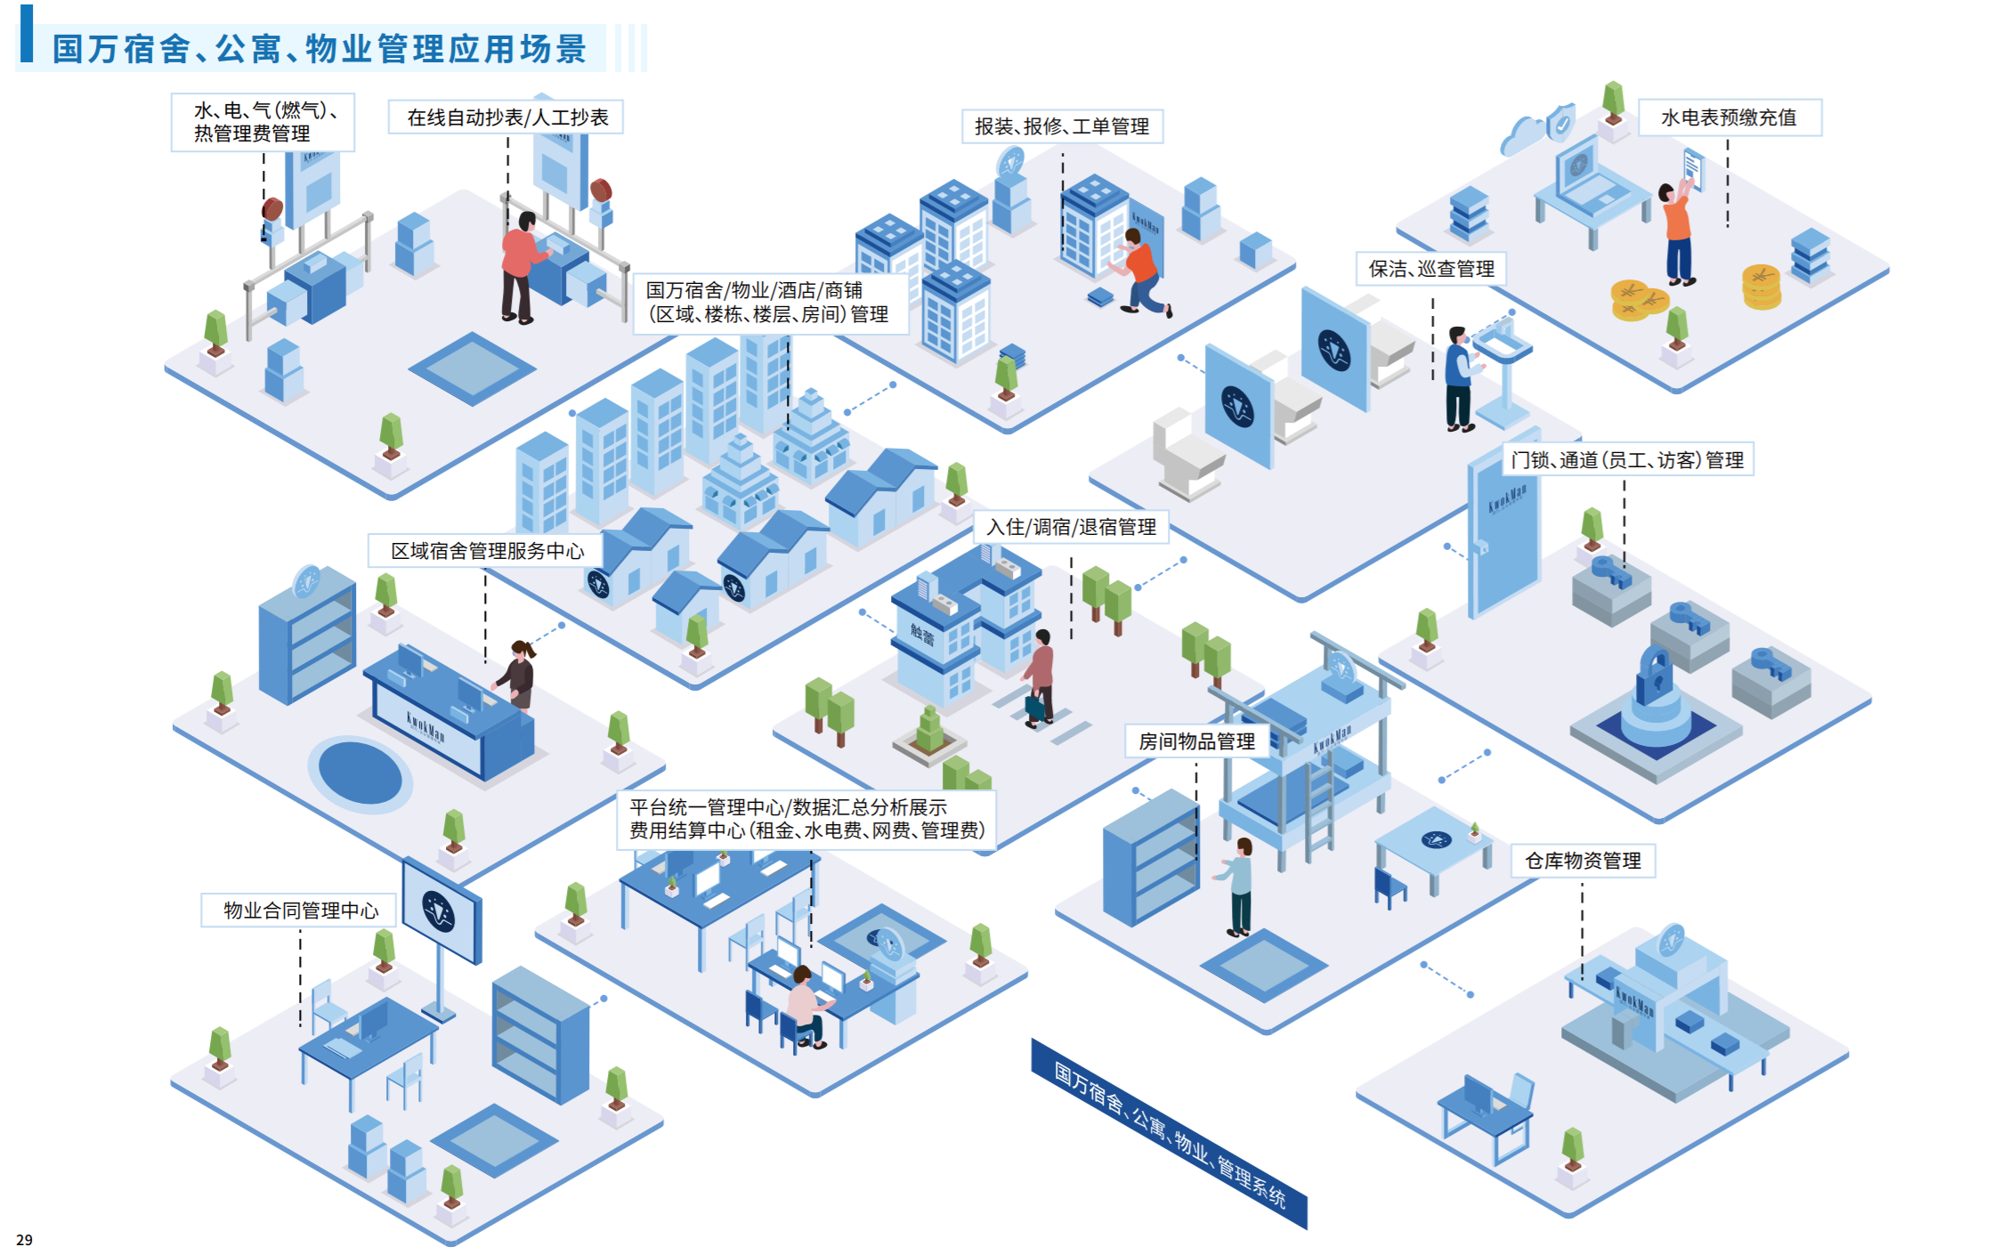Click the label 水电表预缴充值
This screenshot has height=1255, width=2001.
pos(1729,117)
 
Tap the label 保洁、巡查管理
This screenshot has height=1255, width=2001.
pos(1430,269)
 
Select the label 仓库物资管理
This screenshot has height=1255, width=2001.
pos(1583,861)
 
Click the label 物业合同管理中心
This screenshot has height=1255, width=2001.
pos(300,911)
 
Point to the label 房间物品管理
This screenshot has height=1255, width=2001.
pos(1196,741)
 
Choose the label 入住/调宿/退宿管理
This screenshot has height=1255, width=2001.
pos(1071,527)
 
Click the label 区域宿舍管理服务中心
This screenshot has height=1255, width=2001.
pos(486,551)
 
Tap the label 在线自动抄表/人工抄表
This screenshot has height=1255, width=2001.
pos(506,117)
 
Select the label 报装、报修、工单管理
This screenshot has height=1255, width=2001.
pos(1062,126)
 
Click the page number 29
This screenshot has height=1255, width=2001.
pos(24,1240)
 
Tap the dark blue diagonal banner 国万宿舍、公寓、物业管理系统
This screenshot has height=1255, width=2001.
pos(1169,1134)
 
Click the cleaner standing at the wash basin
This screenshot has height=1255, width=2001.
pos(1458,378)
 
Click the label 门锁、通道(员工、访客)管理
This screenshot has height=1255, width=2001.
pos(1627,460)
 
